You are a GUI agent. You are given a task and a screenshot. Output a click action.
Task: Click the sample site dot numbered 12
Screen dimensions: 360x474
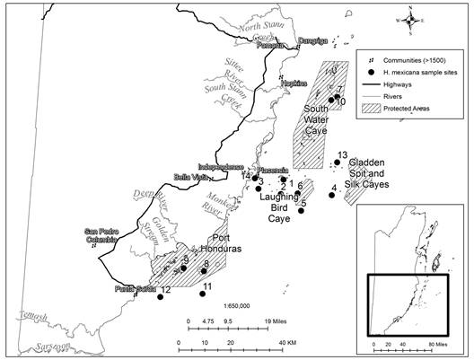(161, 298)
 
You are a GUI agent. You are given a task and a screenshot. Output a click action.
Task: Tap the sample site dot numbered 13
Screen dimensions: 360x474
(337, 162)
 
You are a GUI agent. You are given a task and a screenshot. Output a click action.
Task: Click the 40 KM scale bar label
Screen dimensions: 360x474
(287, 342)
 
